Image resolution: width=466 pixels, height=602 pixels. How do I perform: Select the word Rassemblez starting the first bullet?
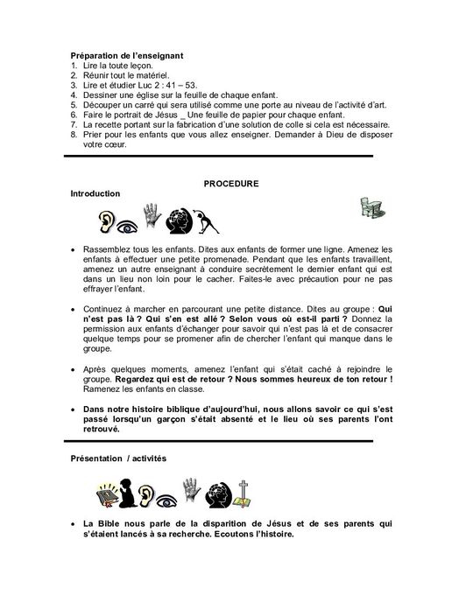(111, 249)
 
